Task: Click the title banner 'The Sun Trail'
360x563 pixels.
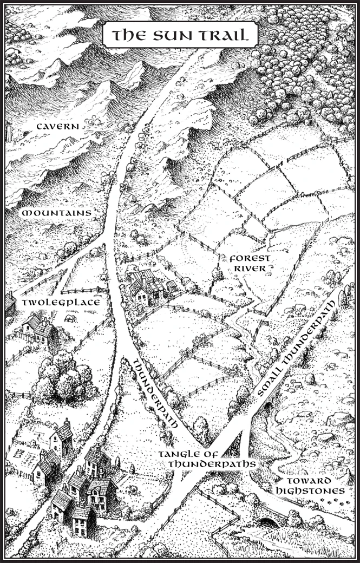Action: [180, 36]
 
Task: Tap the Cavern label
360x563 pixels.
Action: [58, 126]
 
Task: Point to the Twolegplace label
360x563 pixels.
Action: [61, 302]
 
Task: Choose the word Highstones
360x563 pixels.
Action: [309, 490]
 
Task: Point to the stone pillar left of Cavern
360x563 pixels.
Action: [9, 133]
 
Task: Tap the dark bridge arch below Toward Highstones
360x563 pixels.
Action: [266, 523]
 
